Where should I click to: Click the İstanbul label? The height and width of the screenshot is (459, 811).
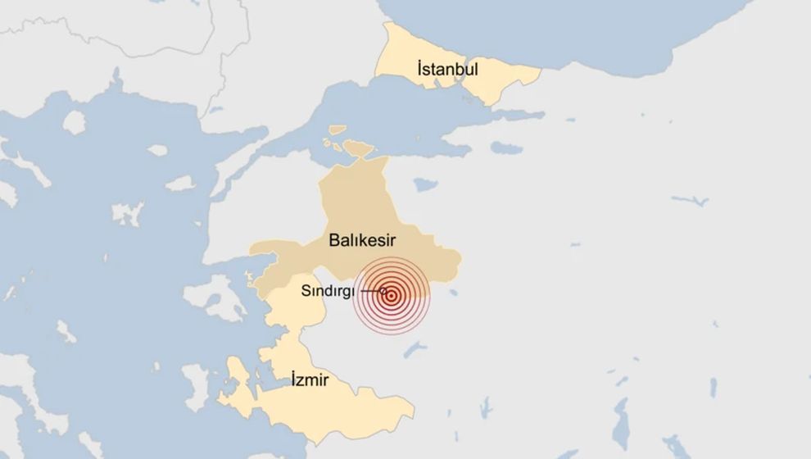click(446, 69)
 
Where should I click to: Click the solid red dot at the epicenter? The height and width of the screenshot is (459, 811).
click(392, 296)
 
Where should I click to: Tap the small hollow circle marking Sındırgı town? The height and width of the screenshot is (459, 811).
click(384, 291)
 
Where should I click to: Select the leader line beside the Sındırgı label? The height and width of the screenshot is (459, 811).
click(370, 291)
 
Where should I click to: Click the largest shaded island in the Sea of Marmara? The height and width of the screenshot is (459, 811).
click(358, 148)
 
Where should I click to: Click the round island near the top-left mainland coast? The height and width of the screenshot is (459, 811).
click(74, 122)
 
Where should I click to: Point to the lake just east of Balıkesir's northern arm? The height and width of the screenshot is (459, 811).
click(424, 184)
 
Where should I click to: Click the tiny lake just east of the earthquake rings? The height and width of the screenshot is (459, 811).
click(453, 290)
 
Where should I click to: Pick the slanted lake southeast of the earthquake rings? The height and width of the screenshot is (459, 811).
click(415, 351)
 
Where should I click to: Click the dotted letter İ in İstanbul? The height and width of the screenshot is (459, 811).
click(420, 69)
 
